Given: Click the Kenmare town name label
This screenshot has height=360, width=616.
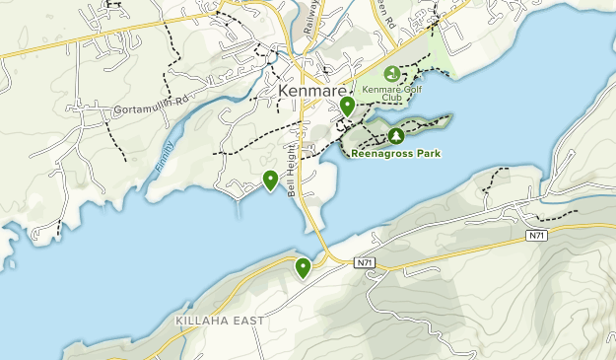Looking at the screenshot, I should pyautogui.click(x=309, y=91).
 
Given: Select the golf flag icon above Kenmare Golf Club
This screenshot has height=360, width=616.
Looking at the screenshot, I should pyautogui.click(x=392, y=74).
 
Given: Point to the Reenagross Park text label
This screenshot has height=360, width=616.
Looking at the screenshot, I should pyautogui.click(x=396, y=153).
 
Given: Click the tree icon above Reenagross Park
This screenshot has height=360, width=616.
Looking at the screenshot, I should pyautogui.click(x=395, y=135).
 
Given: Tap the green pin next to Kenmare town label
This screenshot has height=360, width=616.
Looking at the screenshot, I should pyautogui.click(x=347, y=106).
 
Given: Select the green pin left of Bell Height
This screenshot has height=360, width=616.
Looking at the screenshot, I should pyautogui.click(x=270, y=180).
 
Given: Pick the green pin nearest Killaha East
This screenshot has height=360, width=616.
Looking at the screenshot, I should pyautogui.click(x=303, y=266).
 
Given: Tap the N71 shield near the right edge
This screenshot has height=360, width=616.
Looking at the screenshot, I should pyautogui.click(x=536, y=235).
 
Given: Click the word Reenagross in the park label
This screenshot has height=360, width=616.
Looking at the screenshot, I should pyautogui.click(x=382, y=153).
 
